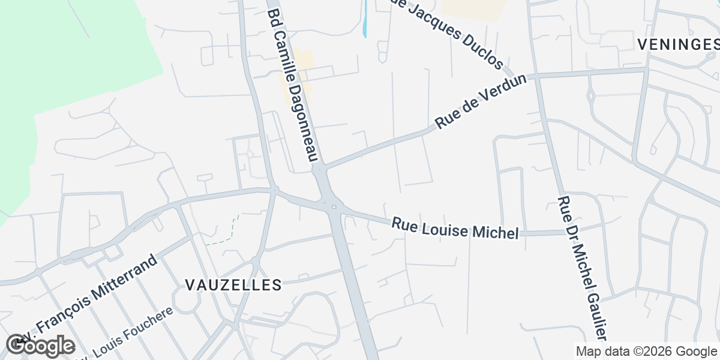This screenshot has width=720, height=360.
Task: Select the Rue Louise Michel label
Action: point(455,228)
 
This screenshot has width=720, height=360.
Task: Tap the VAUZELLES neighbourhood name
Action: point(233,285)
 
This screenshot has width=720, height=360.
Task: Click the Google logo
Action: point(41,346)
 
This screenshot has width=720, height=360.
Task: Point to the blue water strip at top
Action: point(365,18)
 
